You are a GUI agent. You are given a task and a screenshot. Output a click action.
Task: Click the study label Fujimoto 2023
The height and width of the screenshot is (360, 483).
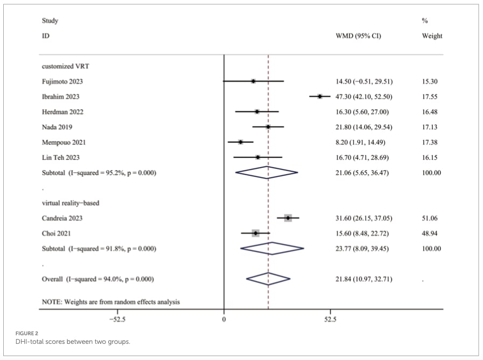click(x=62, y=81)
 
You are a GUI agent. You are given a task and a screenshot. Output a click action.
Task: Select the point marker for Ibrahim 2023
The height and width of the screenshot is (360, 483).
click(x=320, y=96)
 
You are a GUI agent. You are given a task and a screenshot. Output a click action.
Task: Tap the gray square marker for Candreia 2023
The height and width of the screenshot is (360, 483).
click(x=288, y=218)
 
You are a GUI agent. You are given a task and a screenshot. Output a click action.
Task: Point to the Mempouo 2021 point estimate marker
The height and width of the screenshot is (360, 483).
click(x=241, y=142)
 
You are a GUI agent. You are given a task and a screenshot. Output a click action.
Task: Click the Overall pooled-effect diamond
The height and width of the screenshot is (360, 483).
click(x=268, y=279)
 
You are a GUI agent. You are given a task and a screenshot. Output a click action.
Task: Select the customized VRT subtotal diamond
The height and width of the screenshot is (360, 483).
click(x=267, y=173)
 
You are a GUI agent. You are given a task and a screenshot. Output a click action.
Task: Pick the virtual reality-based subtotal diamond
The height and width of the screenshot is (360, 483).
click(x=272, y=248)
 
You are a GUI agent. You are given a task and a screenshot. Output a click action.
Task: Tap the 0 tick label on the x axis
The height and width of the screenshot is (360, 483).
click(x=224, y=319)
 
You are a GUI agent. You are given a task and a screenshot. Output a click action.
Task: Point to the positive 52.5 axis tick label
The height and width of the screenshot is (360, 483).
click(x=331, y=319)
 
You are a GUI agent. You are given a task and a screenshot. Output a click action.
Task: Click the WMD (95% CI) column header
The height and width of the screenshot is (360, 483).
click(x=358, y=36)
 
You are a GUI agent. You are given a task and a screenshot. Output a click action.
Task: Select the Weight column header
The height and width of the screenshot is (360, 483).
click(x=432, y=36)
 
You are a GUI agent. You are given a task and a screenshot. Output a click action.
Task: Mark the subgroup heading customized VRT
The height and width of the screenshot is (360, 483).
click(x=65, y=66)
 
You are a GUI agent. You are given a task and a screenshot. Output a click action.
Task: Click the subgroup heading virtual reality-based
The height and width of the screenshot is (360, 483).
click(x=71, y=203)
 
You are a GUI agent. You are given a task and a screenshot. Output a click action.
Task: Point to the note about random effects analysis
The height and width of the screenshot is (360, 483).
click(x=111, y=302)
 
